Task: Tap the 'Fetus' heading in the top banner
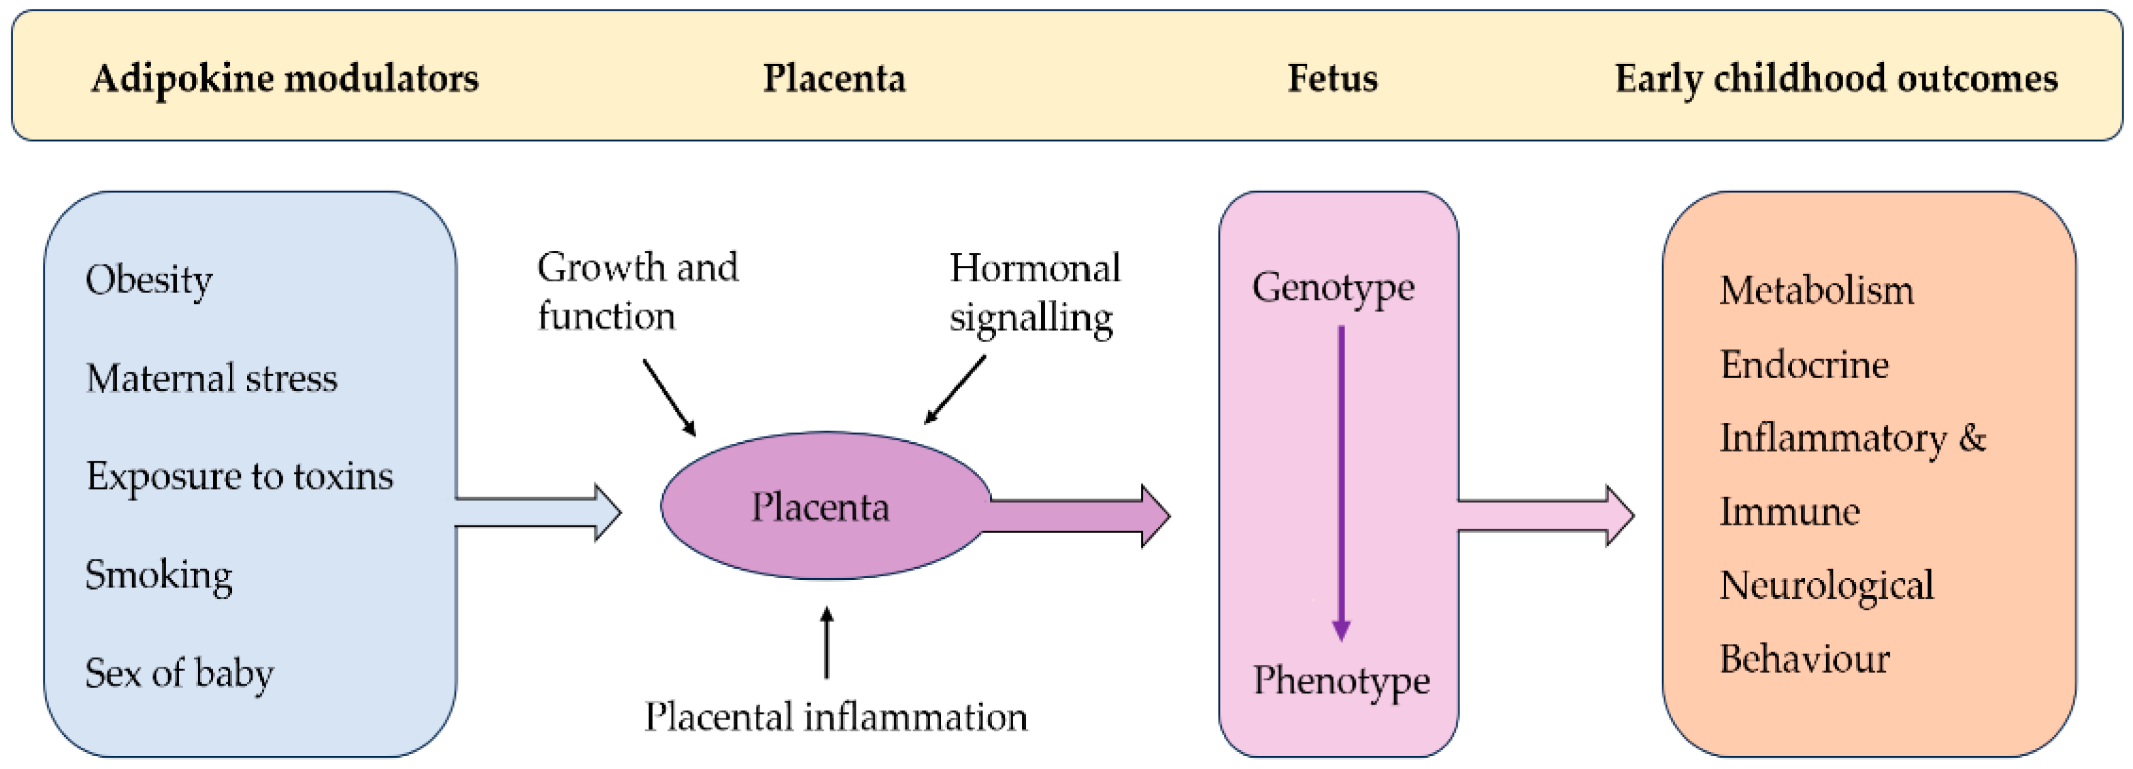[1333, 78]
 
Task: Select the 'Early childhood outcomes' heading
[1836, 78]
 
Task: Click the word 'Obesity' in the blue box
[149, 281]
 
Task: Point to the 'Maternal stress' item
[212, 379]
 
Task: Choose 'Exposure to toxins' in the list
[239, 476]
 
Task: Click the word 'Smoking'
[158, 574]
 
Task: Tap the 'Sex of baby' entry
[179, 673]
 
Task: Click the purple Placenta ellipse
[820, 506]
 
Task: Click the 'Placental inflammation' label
[836, 717]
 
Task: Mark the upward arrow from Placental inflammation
[826, 643]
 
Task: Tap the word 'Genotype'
[1333, 288]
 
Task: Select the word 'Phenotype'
[1341, 680]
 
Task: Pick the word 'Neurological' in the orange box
[1826, 585]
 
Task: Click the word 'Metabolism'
[1816, 291]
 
